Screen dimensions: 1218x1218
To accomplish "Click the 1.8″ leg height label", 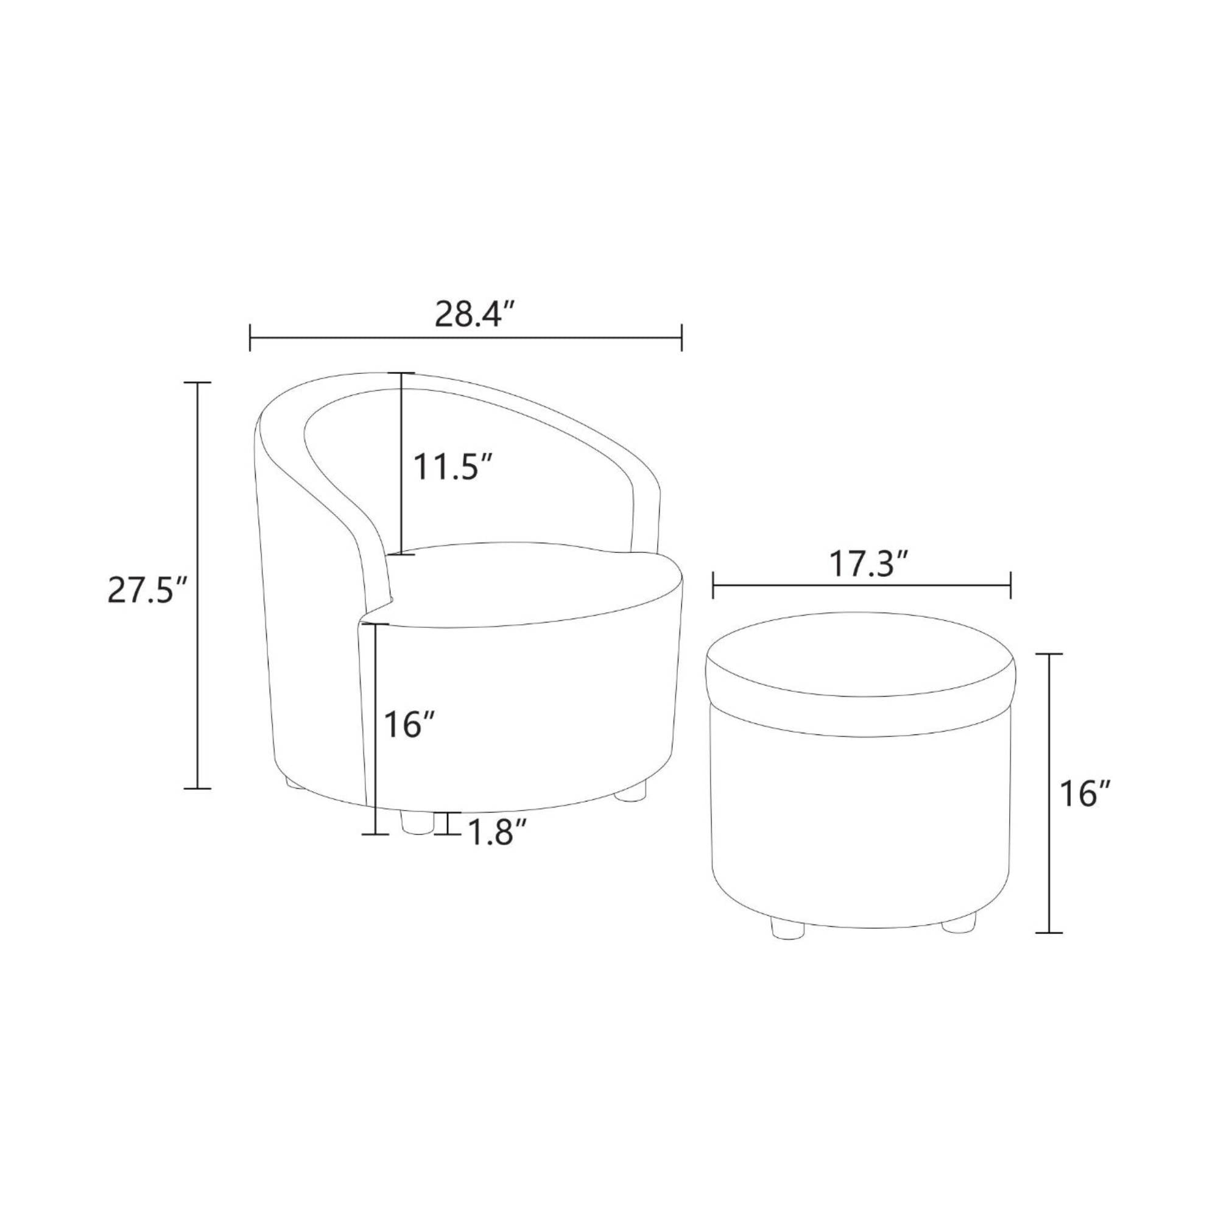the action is pos(497,836).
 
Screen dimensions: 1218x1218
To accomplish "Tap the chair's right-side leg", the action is pos(632,792).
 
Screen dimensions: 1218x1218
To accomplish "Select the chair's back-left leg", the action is pos(293,783).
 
